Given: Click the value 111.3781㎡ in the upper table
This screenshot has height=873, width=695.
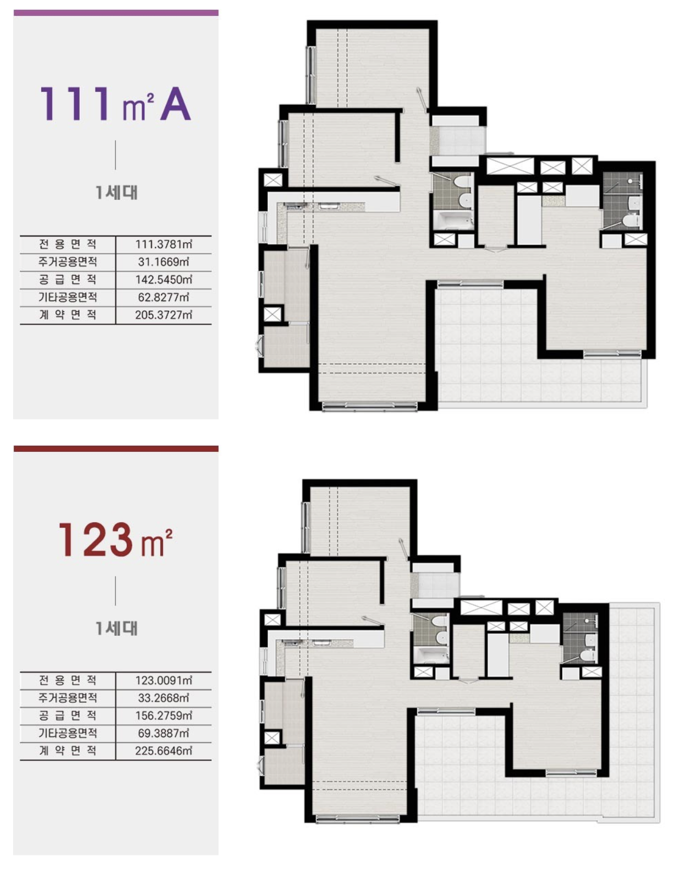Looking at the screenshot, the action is [x=164, y=244].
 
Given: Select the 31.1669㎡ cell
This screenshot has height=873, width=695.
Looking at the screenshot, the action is [x=164, y=262].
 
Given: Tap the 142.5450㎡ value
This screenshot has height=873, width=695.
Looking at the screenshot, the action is [x=164, y=279].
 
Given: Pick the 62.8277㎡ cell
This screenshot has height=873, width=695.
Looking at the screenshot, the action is [x=164, y=298].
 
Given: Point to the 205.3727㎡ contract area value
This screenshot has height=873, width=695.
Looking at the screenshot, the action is [x=164, y=315].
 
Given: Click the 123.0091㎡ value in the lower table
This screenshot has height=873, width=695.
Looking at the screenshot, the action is [x=164, y=680].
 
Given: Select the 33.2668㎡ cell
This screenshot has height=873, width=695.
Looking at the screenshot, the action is [x=164, y=698].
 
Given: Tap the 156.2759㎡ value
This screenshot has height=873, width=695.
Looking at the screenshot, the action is [x=164, y=715].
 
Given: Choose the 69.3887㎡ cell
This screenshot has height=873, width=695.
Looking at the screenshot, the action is [x=164, y=733].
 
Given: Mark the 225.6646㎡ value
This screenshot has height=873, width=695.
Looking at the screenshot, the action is [x=164, y=751].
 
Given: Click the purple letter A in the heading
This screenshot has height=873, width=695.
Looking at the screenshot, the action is [x=175, y=104].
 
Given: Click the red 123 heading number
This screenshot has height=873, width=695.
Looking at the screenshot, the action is [x=96, y=539].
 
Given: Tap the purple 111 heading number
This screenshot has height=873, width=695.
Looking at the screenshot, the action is [x=75, y=104].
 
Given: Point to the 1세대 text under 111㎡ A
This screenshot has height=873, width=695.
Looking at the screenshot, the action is [x=116, y=192].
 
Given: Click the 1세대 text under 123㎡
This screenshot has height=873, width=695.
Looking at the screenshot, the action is [x=116, y=628].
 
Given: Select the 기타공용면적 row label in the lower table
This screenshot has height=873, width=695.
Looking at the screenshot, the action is [x=68, y=733].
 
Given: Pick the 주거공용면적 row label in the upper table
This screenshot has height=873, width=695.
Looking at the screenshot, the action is [x=68, y=262].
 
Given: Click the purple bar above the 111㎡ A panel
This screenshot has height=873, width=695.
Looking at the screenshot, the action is [x=116, y=13].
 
